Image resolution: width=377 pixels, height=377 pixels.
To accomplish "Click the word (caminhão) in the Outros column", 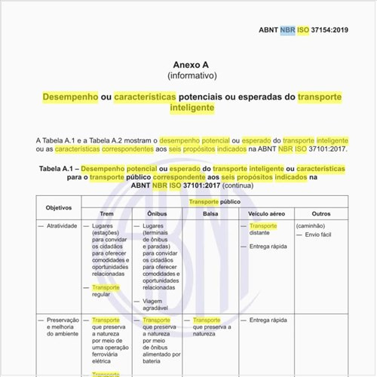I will click(311, 225).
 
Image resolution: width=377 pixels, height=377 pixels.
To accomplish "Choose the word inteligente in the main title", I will click(192, 108).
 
